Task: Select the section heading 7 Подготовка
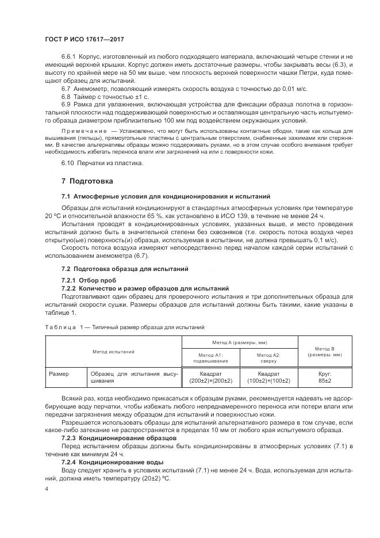87,181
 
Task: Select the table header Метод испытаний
113,351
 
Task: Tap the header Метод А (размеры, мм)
240,342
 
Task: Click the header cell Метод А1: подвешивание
210,358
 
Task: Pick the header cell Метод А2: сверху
268,358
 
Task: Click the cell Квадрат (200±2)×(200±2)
210,377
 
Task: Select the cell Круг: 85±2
325,377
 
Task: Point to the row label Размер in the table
59,373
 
